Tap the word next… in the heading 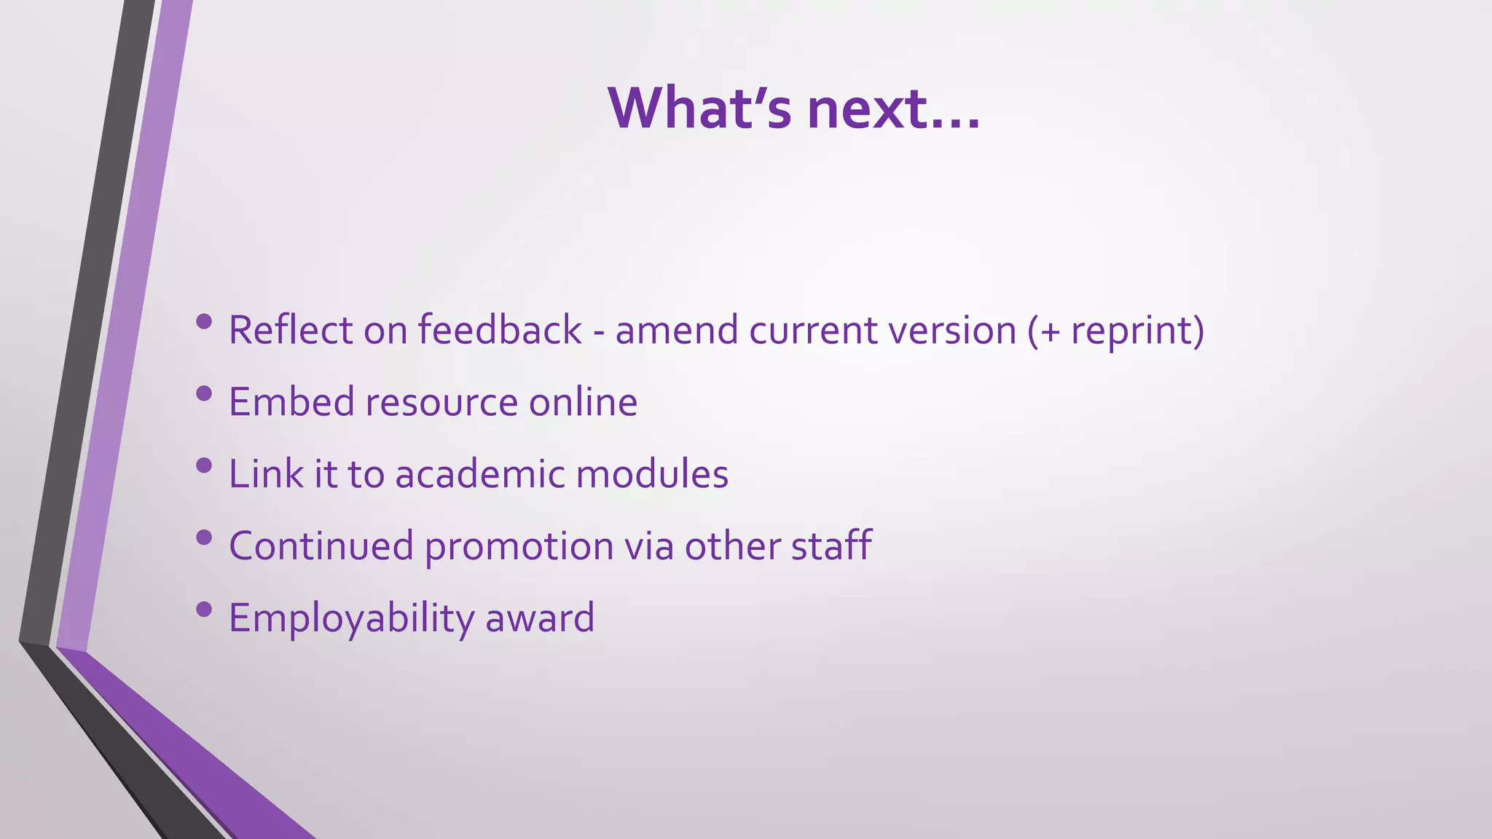(x=894, y=109)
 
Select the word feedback (x=499, y=330)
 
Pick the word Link (x=266, y=474)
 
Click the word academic (x=479, y=474)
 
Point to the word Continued (x=321, y=546)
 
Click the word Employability (x=351, y=618)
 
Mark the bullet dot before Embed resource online (x=204, y=394)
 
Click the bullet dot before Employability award (x=204, y=609)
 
